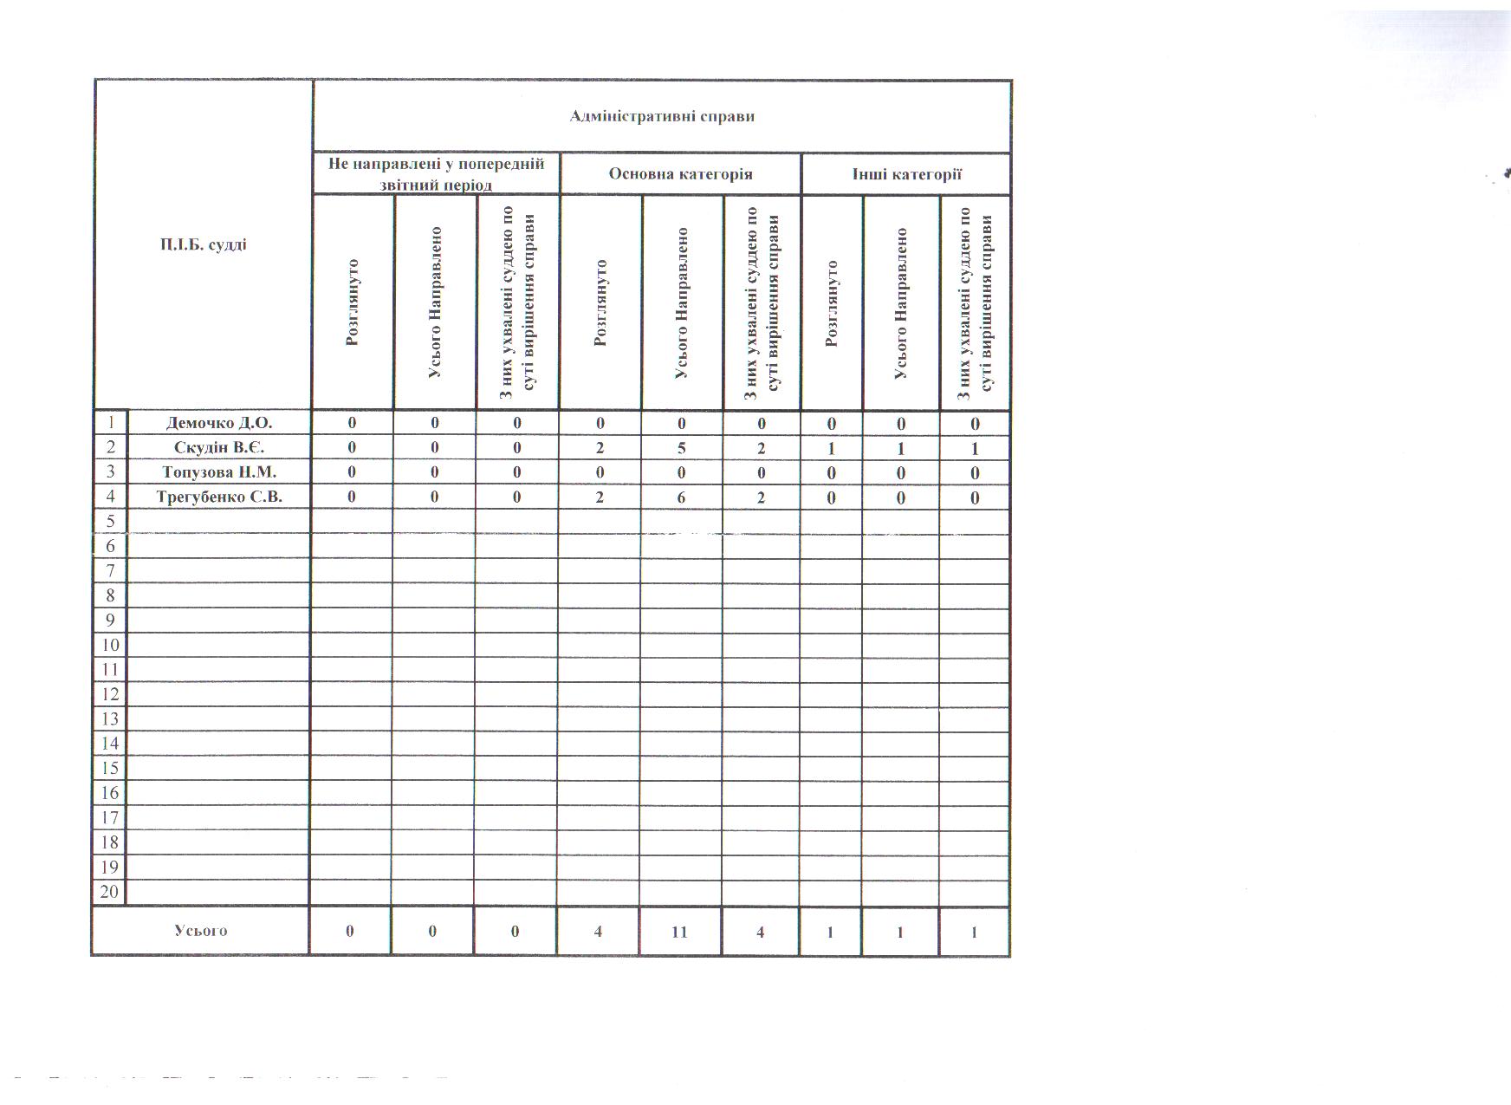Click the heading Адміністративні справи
coord(662,116)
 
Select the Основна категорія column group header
coord(680,174)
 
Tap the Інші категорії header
coord(906,174)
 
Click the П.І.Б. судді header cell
coord(203,244)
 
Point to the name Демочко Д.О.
coord(219,423)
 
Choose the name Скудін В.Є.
coord(219,448)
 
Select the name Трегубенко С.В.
coord(219,497)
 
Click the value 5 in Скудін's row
coord(682,448)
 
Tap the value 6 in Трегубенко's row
coord(682,497)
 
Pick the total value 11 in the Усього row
coord(679,932)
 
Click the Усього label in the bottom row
coord(200,931)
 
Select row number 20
coord(109,892)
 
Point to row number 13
coord(109,718)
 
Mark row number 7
coord(110,570)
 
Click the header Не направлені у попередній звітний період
coord(436,174)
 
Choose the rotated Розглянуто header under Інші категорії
coord(832,303)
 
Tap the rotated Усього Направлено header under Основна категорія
coord(682,303)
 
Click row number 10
coord(109,645)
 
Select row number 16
coord(109,793)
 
